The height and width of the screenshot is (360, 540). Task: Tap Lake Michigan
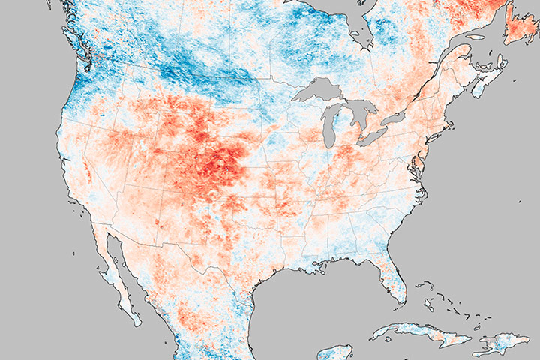tap(330, 132)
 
